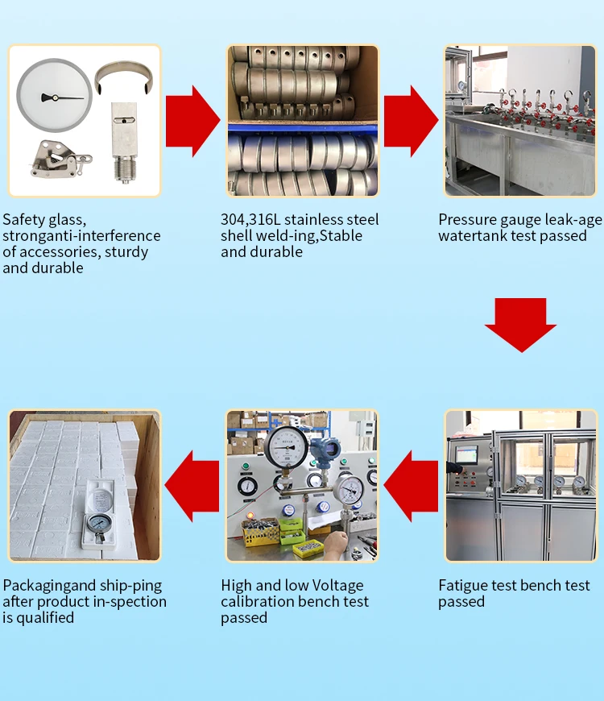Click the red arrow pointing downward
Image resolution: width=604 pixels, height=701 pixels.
click(x=520, y=325)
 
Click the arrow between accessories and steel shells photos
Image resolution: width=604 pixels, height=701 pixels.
click(x=192, y=121)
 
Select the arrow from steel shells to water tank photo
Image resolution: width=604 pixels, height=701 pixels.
click(x=411, y=121)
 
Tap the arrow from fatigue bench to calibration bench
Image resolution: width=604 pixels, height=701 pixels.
click(x=411, y=486)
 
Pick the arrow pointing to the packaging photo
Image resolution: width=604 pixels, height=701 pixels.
click(x=192, y=486)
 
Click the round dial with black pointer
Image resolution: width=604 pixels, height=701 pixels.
click(x=55, y=96)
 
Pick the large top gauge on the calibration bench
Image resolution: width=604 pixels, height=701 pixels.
click(x=287, y=449)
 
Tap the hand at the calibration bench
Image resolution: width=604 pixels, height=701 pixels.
click(x=336, y=544)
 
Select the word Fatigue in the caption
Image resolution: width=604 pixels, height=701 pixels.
click(x=461, y=586)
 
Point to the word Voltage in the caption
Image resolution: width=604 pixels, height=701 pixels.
click(x=337, y=586)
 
